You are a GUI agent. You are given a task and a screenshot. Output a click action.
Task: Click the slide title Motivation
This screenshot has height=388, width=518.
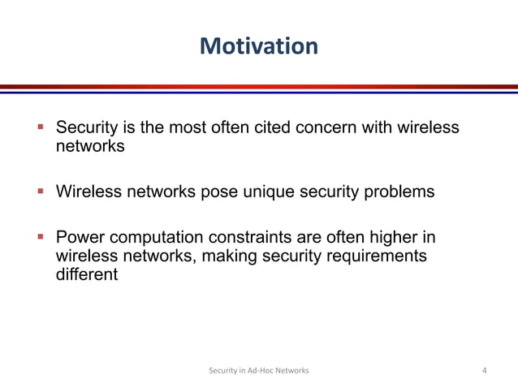259,45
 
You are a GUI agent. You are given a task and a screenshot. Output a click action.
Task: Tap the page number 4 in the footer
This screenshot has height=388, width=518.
485,371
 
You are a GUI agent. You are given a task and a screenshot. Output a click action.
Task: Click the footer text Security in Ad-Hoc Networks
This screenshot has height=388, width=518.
259,371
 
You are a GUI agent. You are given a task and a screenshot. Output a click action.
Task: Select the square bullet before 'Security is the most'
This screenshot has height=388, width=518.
40,128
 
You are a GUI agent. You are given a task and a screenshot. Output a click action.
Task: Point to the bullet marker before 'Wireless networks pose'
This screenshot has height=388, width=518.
40,192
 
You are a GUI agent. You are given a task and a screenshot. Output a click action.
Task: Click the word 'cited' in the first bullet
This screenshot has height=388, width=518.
277,128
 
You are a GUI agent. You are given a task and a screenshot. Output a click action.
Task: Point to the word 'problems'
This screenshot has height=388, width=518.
398,192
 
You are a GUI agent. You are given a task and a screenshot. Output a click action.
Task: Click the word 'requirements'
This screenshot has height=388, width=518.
377,257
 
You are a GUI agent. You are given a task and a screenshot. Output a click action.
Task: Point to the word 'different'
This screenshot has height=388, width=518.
86,274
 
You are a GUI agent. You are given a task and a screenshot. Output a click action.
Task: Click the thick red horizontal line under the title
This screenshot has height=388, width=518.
259,86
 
